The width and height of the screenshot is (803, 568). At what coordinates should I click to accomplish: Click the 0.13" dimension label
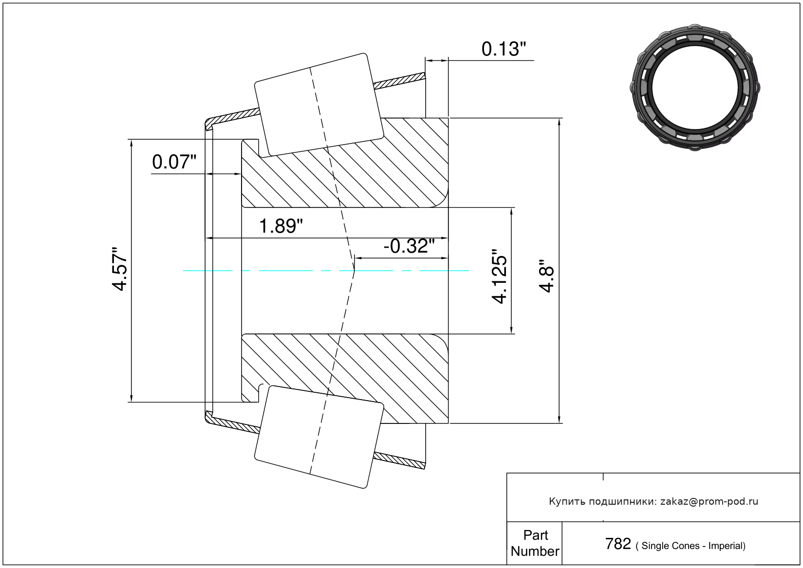(504, 49)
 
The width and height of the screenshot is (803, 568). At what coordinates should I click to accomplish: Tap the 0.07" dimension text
(174, 162)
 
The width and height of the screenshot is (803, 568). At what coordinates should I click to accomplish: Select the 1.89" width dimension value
(280, 226)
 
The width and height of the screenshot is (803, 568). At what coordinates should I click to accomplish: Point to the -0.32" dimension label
(409, 246)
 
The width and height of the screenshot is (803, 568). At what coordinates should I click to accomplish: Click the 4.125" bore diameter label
(500, 276)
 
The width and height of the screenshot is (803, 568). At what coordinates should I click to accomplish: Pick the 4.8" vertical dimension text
(547, 276)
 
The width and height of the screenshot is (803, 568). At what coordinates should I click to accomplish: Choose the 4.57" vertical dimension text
(119, 269)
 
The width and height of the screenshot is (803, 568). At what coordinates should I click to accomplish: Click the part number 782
(617, 544)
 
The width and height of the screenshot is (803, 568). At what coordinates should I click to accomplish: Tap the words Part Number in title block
(535, 543)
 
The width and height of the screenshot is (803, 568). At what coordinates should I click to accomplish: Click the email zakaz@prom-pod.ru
(709, 502)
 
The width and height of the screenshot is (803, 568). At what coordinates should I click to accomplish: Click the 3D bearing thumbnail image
(695, 87)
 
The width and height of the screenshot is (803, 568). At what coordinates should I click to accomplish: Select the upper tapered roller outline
(319, 105)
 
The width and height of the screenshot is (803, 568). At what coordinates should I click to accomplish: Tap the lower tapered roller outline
(319, 437)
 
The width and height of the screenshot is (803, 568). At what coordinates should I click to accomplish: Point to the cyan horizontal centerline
(326, 271)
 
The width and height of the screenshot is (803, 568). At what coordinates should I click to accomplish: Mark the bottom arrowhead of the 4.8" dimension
(559, 420)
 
